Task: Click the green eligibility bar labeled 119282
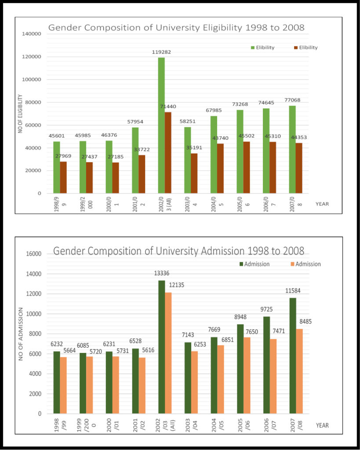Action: coord(161,125)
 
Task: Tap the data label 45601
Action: coord(57,136)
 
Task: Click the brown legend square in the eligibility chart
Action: coord(295,47)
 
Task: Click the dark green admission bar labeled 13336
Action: coord(162,347)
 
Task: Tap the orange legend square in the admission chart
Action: coord(292,264)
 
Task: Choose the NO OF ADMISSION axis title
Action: coord(21,334)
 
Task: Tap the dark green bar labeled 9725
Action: coord(266,365)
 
